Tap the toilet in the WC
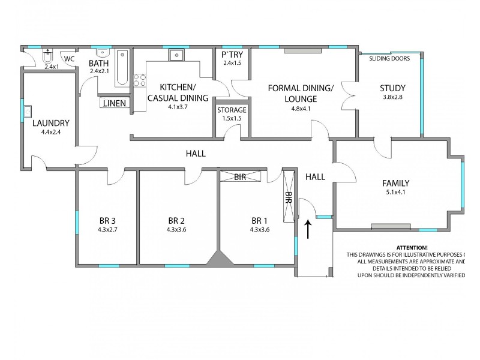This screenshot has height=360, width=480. (x=47, y=58)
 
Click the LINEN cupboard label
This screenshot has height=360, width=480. (x=114, y=103)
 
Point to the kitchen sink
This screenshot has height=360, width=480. (x=176, y=55)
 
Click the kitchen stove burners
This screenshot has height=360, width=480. (x=139, y=80)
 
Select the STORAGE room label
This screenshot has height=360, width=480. (x=232, y=110)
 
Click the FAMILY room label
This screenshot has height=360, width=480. (x=396, y=183)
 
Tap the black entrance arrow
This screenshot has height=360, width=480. (x=308, y=229)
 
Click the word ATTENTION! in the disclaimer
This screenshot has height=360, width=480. (x=412, y=248)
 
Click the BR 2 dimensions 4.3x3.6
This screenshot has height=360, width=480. (x=177, y=229)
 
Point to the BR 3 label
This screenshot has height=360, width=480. (x=109, y=220)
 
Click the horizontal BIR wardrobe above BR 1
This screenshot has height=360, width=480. (x=241, y=177)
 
